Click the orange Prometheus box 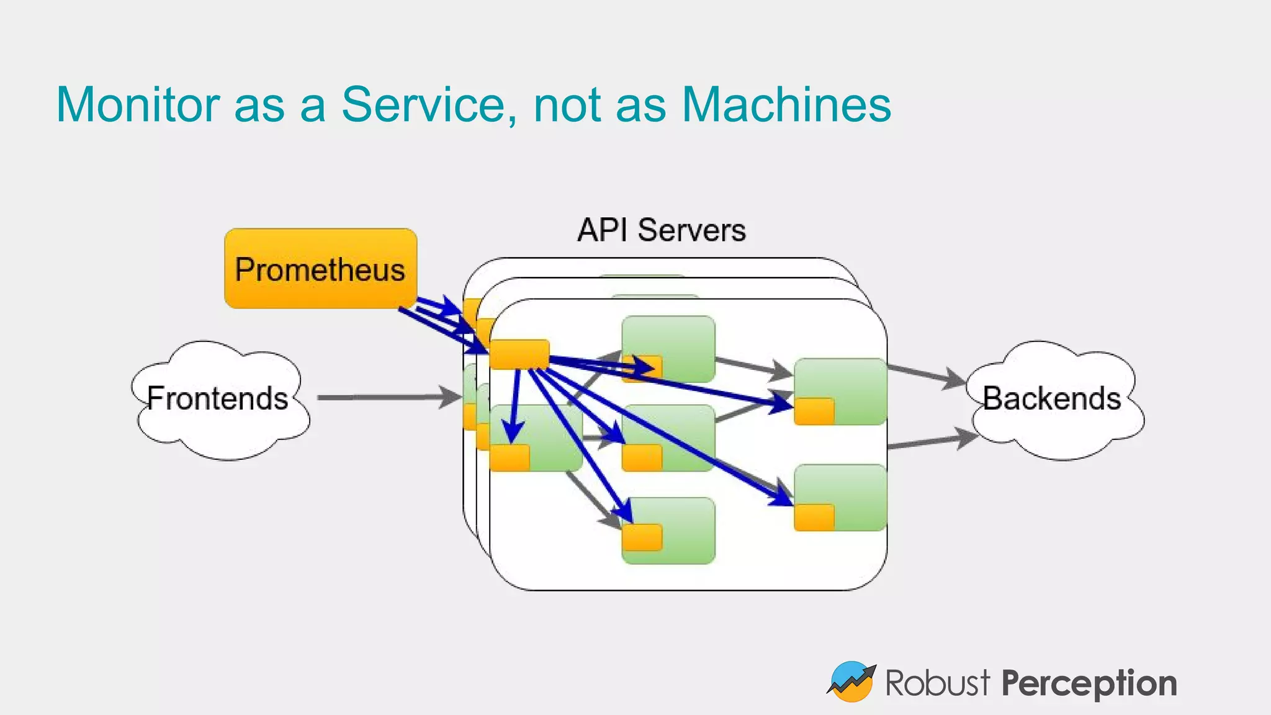point(320,269)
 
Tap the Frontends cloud point(218,399)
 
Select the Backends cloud point(1053,399)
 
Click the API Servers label point(662,230)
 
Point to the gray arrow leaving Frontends point(385,397)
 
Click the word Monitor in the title point(138,104)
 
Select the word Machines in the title point(786,104)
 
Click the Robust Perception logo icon point(851,681)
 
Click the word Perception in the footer point(1089,683)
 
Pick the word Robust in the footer point(937,683)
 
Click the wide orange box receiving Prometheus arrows point(519,354)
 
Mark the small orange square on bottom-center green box point(642,537)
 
